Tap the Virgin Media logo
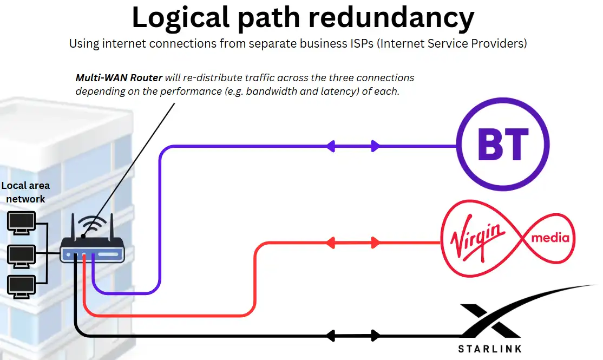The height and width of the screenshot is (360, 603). click(x=508, y=238)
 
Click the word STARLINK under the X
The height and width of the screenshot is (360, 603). click(x=490, y=349)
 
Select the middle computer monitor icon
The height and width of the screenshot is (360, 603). click(x=21, y=255)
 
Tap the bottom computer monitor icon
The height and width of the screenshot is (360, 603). click(x=21, y=286)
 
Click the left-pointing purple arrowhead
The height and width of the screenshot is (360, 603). click(x=330, y=146)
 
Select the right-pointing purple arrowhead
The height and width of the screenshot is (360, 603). click(x=375, y=146)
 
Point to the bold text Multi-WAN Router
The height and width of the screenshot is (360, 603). click(x=119, y=78)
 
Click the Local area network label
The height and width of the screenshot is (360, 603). click(x=25, y=192)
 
